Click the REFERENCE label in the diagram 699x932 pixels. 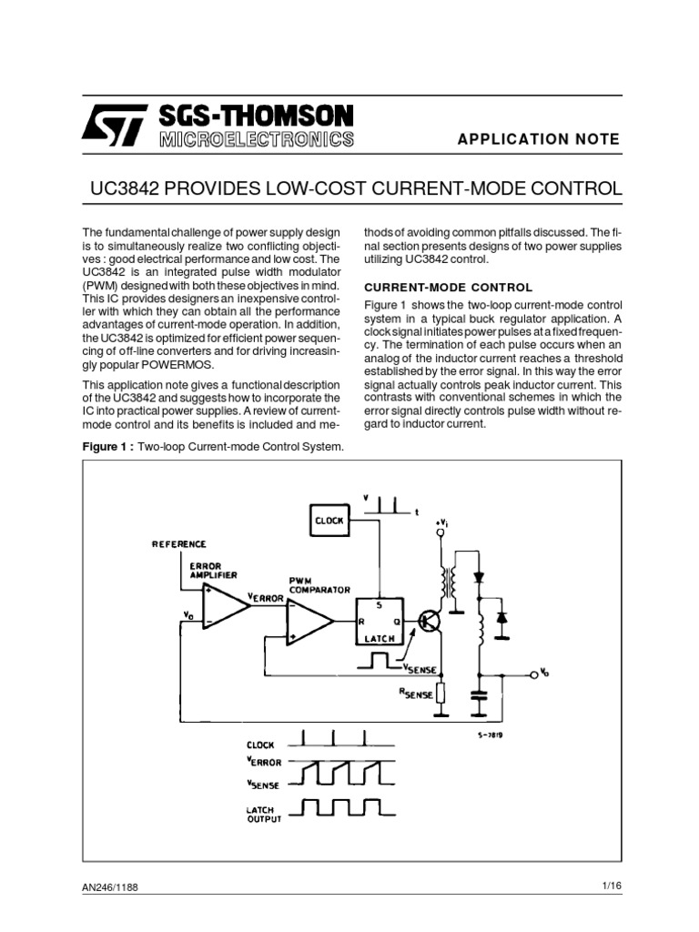click(178, 543)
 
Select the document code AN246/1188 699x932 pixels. click(116, 887)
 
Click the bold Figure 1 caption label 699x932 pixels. click(108, 446)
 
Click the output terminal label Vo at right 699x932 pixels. click(545, 674)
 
